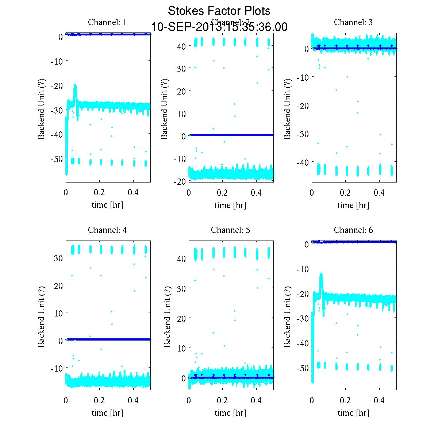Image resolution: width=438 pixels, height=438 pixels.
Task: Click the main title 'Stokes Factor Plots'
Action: coord(219,11)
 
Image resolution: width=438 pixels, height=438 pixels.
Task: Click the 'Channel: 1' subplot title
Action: coord(107,22)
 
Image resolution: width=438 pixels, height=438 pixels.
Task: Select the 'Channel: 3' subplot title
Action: coord(353,22)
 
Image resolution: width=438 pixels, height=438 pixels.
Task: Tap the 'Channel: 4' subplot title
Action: coord(107,230)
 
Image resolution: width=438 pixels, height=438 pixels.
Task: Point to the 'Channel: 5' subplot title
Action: coord(230,230)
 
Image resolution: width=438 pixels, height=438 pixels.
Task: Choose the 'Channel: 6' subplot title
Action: coord(353,230)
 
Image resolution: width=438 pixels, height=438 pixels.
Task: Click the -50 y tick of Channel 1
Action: coord(57,159)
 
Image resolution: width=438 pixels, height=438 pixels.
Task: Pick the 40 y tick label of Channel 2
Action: coord(182,46)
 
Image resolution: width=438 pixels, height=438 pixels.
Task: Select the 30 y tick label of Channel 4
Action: coord(59,258)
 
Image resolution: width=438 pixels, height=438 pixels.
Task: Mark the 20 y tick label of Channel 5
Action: coord(182,318)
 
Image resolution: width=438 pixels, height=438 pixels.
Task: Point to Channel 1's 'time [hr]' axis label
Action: coord(107,205)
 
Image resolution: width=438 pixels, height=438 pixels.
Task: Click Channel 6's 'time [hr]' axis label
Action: coord(353,413)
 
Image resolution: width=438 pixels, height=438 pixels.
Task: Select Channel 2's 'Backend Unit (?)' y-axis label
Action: coord(165,109)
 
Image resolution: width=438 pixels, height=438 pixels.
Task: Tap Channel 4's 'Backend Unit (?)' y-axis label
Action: coord(42,316)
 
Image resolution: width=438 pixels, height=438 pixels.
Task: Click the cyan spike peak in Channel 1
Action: coord(75,85)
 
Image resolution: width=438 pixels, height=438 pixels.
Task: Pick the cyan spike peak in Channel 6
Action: coord(321,274)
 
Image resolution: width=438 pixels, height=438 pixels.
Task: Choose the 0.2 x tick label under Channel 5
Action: coord(222,400)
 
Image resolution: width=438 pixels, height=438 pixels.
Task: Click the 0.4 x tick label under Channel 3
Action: coord(379,193)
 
